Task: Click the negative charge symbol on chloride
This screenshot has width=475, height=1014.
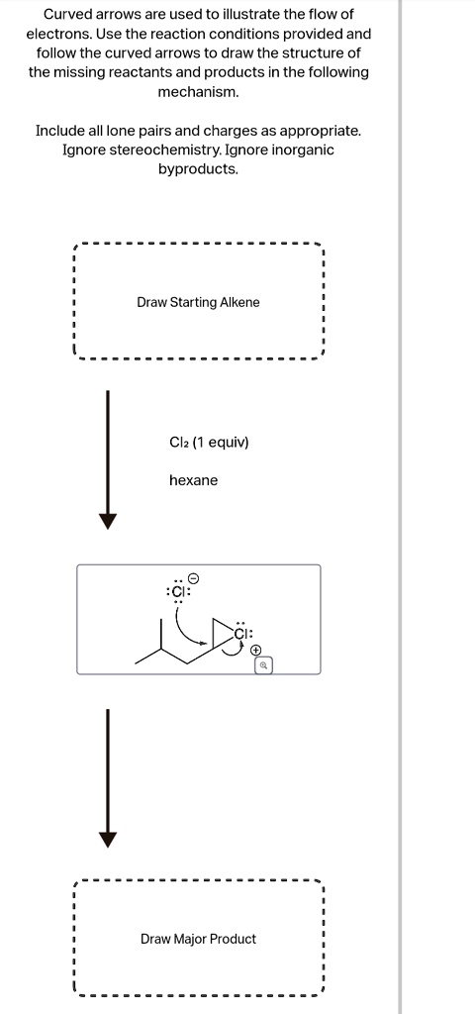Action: (194, 576)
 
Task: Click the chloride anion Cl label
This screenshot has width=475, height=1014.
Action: (179, 592)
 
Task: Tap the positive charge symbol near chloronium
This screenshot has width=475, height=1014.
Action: (256, 651)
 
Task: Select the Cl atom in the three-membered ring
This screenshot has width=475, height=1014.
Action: (243, 633)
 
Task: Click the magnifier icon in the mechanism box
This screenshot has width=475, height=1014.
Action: (264, 666)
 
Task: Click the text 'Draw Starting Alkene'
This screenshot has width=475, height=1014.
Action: (198, 302)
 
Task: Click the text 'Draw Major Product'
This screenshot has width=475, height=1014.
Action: (198, 939)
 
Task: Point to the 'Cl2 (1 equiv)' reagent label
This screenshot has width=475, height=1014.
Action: (209, 443)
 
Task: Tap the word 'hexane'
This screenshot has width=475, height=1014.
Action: (194, 480)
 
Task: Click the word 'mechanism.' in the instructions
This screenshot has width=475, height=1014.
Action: (198, 91)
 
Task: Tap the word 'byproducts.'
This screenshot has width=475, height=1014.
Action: (198, 168)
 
